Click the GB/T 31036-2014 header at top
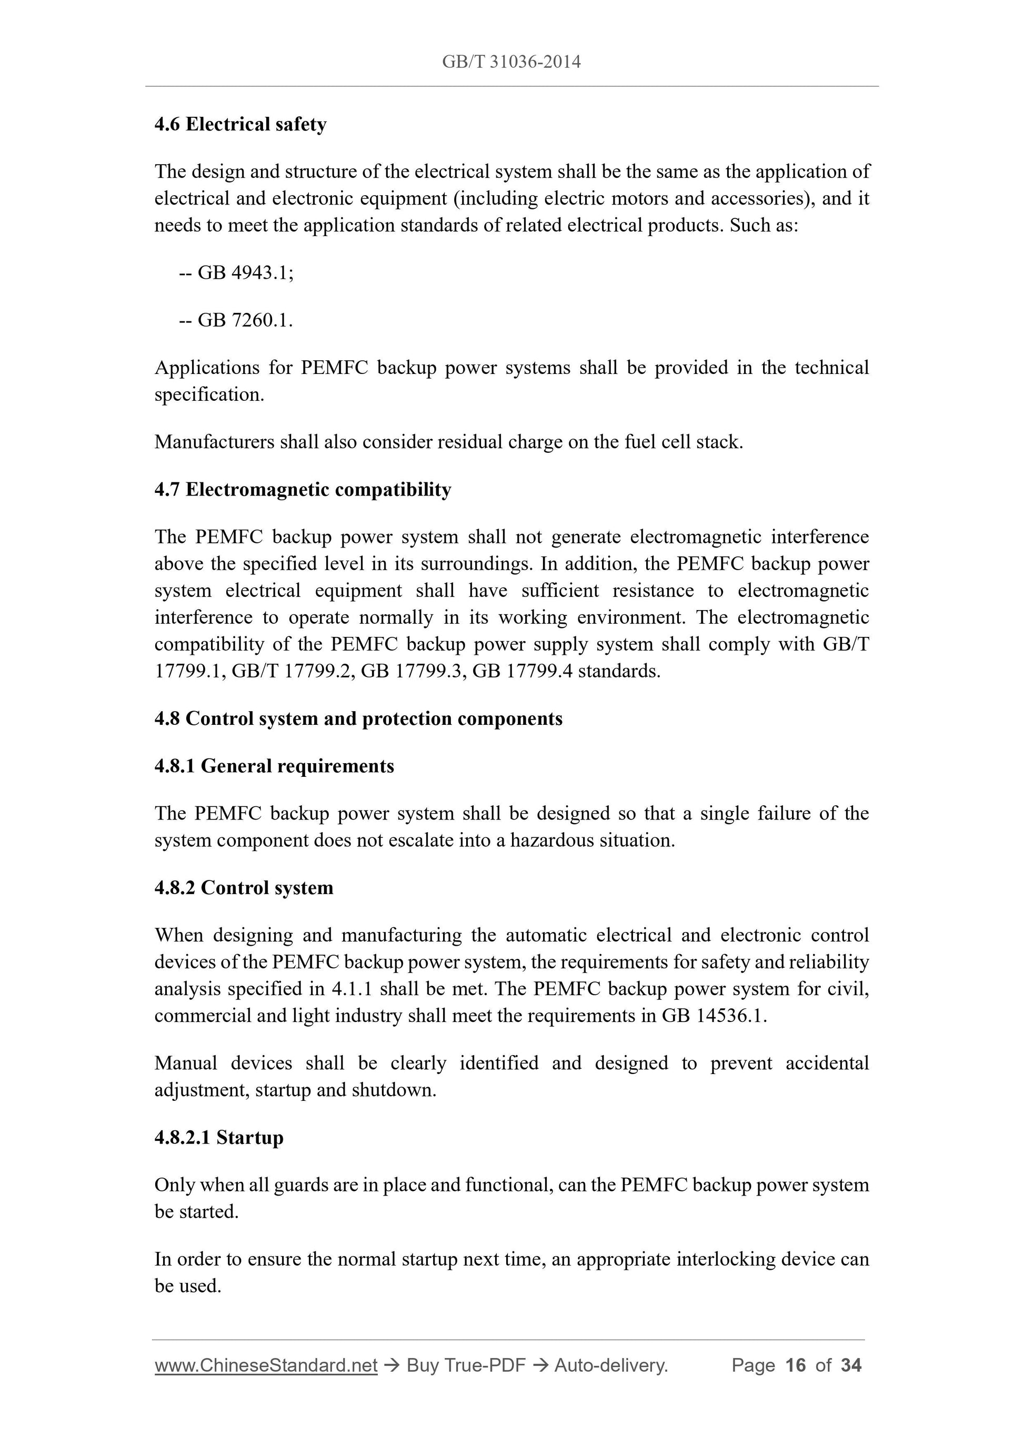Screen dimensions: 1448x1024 [x=511, y=62]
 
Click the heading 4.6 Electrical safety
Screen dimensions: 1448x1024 [x=240, y=124]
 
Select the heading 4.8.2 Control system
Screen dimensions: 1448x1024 [x=244, y=888]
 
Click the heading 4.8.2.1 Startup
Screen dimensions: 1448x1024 [x=219, y=1138]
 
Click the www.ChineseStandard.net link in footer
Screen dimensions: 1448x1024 [x=266, y=1365]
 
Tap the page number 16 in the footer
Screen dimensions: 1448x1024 [x=796, y=1365]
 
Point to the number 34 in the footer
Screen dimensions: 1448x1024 [x=851, y=1365]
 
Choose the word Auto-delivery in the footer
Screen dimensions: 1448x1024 [x=611, y=1365]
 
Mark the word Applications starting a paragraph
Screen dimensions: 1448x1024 [x=207, y=368]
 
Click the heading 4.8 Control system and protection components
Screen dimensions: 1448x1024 [x=358, y=719]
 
